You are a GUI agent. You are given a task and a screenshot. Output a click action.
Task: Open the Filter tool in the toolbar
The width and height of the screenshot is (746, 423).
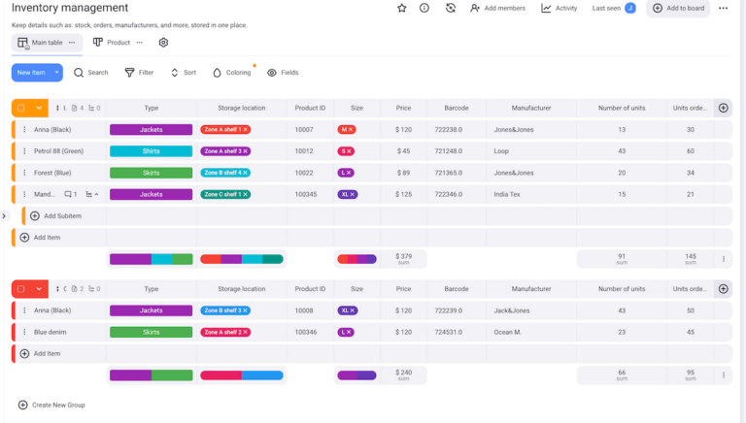coord(139,73)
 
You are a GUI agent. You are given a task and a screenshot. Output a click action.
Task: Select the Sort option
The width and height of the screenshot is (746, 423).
coord(183,73)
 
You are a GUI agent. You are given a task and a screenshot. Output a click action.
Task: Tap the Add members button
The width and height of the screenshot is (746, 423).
coord(497,8)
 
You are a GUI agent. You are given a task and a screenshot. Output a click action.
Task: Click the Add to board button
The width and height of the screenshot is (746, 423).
coord(678,8)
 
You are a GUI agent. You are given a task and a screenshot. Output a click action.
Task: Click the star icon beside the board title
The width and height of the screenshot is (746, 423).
coord(402,8)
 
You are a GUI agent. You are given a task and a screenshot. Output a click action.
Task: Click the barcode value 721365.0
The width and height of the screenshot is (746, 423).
coord(449,173)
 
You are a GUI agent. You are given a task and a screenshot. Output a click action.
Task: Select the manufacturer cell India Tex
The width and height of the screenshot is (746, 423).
coord(508,194)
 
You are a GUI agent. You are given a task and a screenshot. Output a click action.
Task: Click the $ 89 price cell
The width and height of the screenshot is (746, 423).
coord(403,173)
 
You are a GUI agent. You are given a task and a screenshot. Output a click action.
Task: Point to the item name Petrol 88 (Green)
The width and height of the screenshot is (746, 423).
coord(58,151)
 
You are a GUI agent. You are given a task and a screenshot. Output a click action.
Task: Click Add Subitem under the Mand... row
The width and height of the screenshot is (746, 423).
coord(62,216)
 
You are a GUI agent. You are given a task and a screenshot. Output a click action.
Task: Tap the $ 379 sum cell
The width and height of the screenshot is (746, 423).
coord(403,259)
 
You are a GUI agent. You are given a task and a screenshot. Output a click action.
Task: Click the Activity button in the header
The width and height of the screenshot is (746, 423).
coord(559,8)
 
